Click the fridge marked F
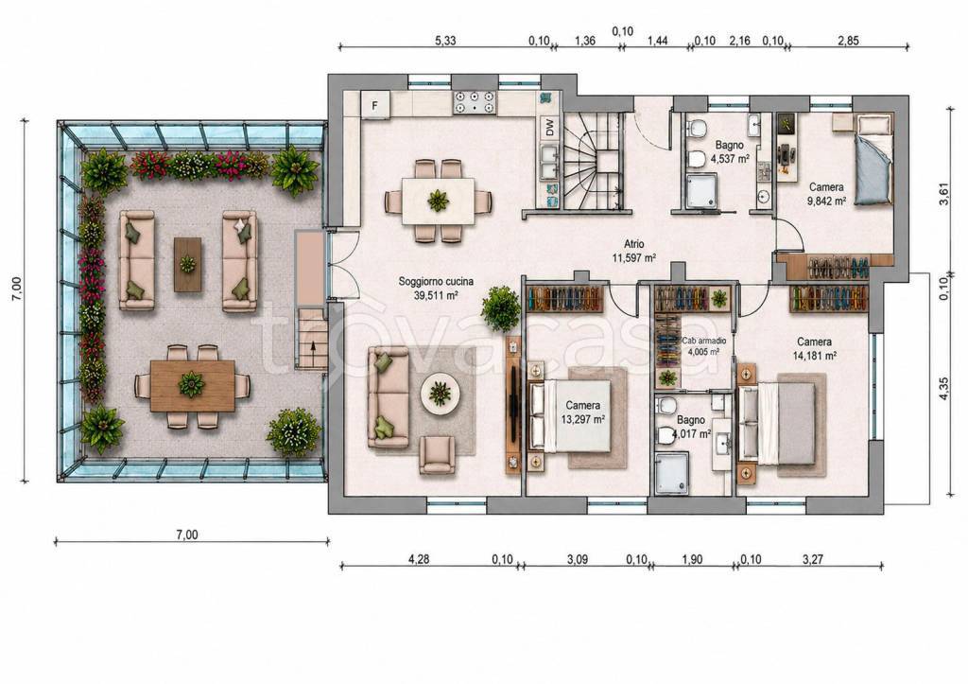[x=374, y=105]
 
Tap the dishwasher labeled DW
[x=550, y=127]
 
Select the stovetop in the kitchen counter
[x=475, y=102]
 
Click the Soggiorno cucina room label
[x=436, y=281]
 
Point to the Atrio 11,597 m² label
[x=633, y=251]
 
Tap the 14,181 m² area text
[x=814, y=356]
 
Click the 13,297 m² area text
[x=582, y=419]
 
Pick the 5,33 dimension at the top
[x=446, y=41]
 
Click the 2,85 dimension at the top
[x=848, y=41]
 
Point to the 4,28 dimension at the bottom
[x=419, y=560]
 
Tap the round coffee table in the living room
[x=440, y=392]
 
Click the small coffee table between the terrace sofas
[x=187, y=265]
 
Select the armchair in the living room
[x=437, y=455]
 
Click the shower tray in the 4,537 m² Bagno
[x=701, y=190]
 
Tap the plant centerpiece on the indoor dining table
[x=439, y=201]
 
